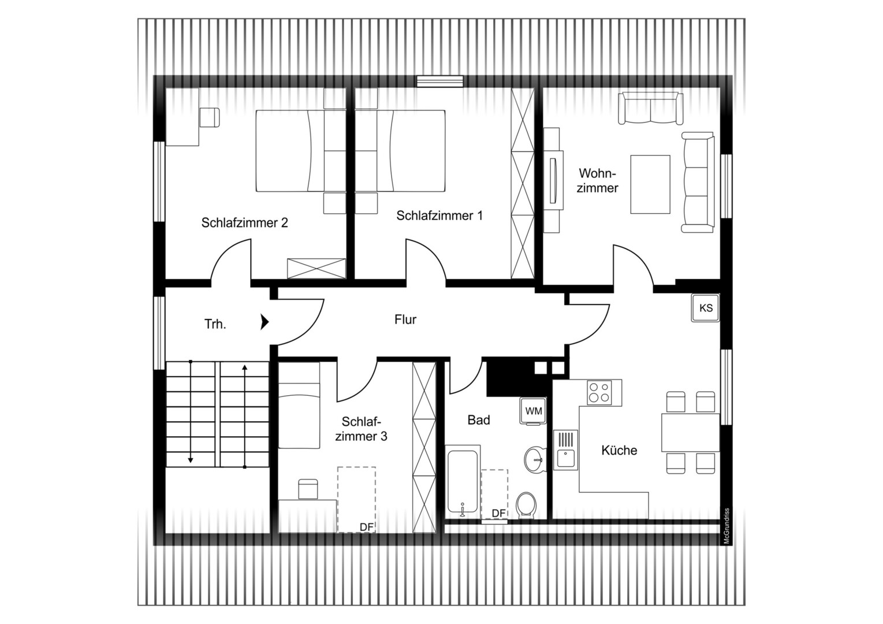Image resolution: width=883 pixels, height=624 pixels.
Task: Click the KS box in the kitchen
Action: coord(706,308)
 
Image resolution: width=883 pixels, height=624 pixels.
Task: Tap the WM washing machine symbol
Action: coord(534,411)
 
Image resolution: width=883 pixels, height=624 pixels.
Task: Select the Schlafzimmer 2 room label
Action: coord(244,222)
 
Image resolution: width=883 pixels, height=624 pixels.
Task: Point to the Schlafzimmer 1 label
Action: coord(439,216)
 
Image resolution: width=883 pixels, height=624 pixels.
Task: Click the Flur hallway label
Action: coord(405,320)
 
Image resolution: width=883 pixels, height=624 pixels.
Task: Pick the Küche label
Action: coord(619,450)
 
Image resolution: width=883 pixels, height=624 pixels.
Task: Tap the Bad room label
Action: coord(479,420)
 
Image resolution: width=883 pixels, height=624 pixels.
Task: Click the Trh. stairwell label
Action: coord(215,324)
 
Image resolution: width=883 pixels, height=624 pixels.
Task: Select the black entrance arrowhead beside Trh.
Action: coord(264,321)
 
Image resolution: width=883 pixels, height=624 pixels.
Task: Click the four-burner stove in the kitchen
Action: coord(600,393)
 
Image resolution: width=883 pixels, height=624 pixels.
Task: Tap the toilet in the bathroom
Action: coord(526,504)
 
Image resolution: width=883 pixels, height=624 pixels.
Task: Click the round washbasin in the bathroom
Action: coord(535,460)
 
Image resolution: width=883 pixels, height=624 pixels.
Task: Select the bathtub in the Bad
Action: coord(463,482)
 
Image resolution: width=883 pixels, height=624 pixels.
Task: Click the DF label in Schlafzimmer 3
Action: coord(367,527)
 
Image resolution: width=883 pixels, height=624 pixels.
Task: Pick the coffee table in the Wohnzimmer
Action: coord(650,184)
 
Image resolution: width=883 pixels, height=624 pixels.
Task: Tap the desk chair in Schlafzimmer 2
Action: coord(210,117)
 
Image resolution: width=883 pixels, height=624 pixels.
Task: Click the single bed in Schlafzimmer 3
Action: coord(299,406)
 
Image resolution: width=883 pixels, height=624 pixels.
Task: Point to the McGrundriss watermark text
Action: coord(726,526)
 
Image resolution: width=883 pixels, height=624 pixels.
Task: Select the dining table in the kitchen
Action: coord(690,432)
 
